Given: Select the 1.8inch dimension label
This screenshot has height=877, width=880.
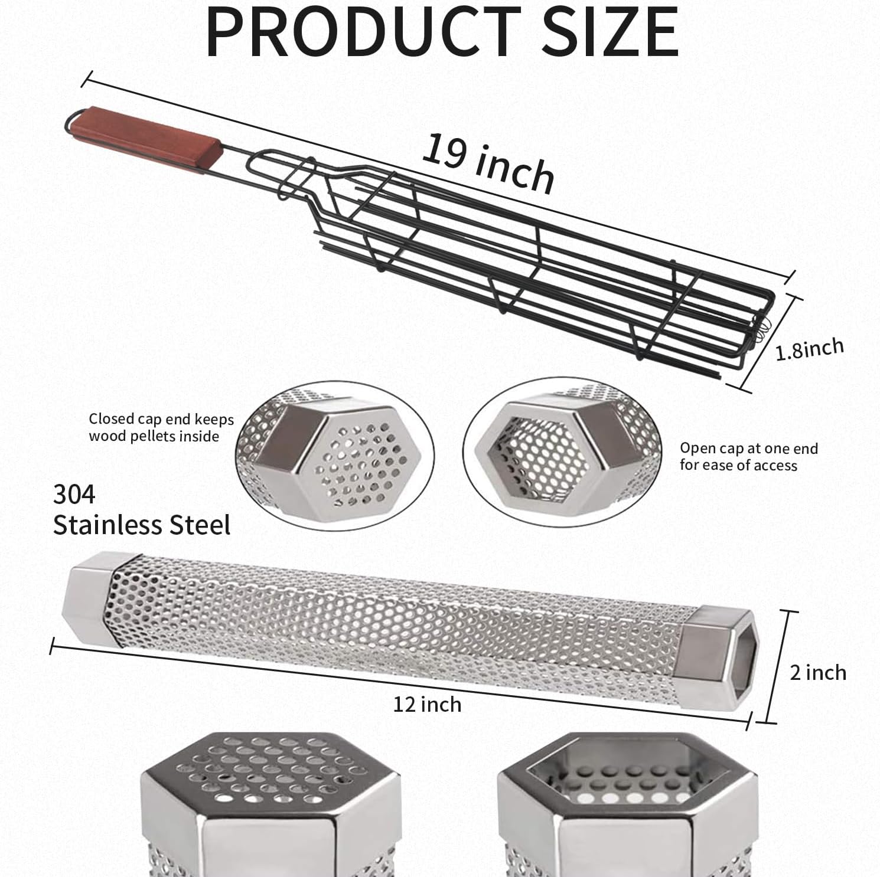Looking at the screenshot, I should pyautogui.click(x=809, y=349).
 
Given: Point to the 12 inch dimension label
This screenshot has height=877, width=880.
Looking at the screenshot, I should pyautogui.click(x=427, y=704).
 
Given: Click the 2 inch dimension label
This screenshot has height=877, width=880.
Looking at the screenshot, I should pyautogui.click(x=817, y=672).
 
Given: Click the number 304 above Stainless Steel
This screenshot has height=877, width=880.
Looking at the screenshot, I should pyautogui.click(x=74, y=495).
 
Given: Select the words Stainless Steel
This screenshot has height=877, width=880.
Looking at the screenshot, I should pyautogui.click(x=142, y=525).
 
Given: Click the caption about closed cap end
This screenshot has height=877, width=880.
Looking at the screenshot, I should pyautogui.click(x=161, y=427).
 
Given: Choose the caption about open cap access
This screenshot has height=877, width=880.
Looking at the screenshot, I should pyautogui.click(x=748, y=456).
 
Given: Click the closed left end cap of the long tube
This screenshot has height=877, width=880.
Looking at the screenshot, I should pyautogui.click(x=89, y=596).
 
